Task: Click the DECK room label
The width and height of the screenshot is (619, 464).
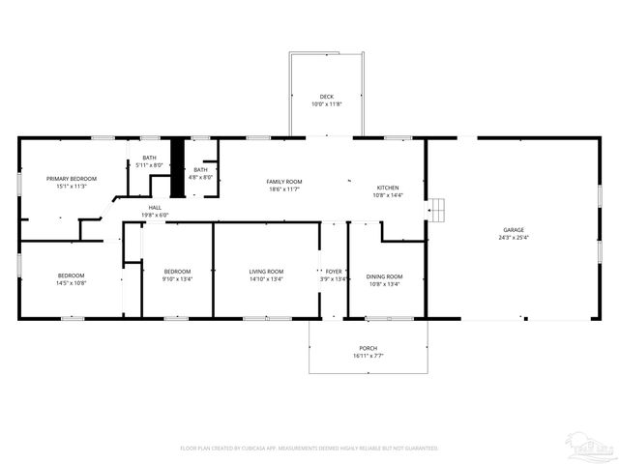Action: pyautogui.click(x=326, y=96)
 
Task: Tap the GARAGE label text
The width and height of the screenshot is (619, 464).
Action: pyautogui.click(x=513, y=230)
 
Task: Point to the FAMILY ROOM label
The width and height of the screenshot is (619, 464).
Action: pyautogui.click(x=285, y=182)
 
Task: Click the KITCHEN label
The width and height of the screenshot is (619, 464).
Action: pyautogui.click(x=388, y=188)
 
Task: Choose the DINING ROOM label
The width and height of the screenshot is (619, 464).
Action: pyautogui.click(x=386, y=276)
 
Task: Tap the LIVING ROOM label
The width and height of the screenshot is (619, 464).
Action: pyautogui.click(x=266, y=271)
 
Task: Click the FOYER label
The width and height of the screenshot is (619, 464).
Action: pyautogui.click(x=334, y=272)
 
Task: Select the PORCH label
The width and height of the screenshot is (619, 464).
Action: pyautogui.click(x=368, y=348)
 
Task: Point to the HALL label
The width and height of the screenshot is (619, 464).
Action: pyautogui.click(x=155, y=207)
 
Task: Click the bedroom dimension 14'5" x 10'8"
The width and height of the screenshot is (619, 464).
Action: pyautogui.click(x=71, y=283)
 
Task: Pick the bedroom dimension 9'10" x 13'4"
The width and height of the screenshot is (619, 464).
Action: pyautogui.click(x=178, y=278)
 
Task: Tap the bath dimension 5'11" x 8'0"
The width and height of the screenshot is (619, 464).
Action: pyautogui.click(x=149, y=165)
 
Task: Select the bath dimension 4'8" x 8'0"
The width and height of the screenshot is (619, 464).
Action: pyautogui.click(x=200, y=177)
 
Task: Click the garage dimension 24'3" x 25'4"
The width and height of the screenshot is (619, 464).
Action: pyautogui.click(x=513, y=238)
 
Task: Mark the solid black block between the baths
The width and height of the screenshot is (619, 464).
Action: pyautogui.click(x=177, y=156)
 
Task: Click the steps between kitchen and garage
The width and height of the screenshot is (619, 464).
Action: pyautogui.click(x=437, y=208)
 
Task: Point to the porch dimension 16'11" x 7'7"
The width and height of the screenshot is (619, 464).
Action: pyautogui.click(x=368, y=356)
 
